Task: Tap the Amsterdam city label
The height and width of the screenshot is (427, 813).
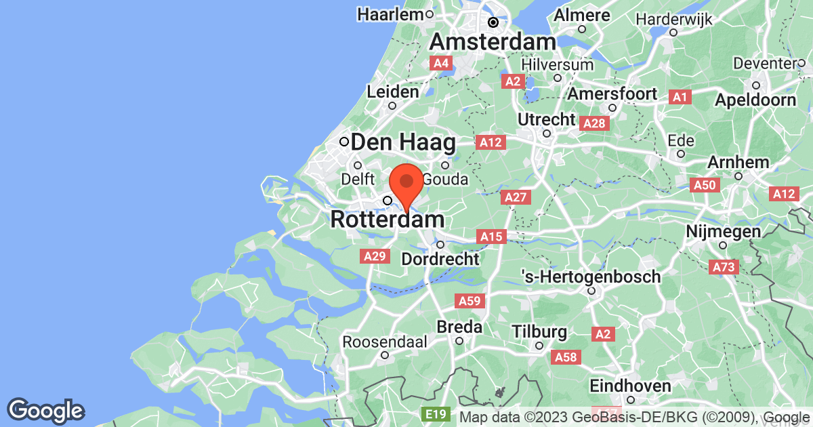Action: coord(493,42)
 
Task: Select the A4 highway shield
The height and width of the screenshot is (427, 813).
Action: coord(441,63)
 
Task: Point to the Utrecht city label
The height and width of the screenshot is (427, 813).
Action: coord(546,119)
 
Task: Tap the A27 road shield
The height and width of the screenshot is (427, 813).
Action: coord(516,197)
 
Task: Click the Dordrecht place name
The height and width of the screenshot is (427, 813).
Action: coord(440,259)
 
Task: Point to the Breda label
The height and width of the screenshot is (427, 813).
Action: coord(459,327)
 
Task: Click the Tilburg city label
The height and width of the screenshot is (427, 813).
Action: coord(539,332)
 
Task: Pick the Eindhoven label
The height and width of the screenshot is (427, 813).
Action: coord(631,386)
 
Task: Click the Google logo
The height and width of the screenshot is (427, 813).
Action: coord(45,410)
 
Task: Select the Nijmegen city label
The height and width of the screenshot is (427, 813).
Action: coord(724,232)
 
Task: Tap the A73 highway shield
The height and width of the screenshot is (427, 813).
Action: coord(724,267)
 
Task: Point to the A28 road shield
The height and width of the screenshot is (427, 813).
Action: coord(594,123)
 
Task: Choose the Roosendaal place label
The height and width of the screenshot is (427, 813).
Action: coord(384,342)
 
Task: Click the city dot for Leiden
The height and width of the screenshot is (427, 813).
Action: coord(392,105)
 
